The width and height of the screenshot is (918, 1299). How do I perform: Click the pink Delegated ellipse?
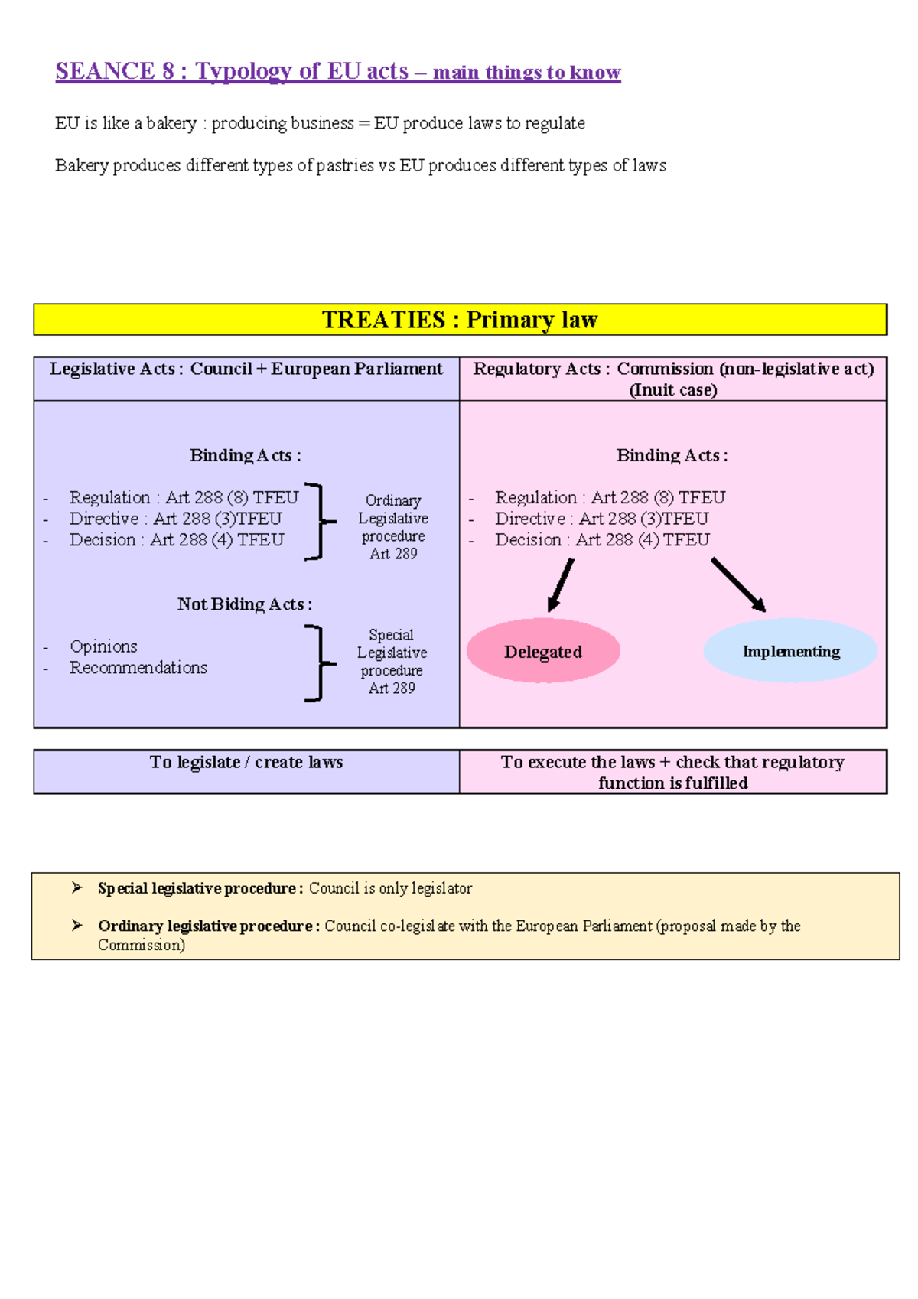click(x=543, y=651)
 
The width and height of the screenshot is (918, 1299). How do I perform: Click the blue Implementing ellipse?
click(x=790, y=651)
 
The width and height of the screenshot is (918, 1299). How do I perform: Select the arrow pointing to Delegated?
click(x=561, y=585)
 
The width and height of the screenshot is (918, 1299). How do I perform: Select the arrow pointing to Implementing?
click(x=738, y=585)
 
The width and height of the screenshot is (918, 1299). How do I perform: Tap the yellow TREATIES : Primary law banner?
click(x=460, y=320)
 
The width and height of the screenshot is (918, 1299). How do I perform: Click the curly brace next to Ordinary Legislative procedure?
click(x=319, y=522)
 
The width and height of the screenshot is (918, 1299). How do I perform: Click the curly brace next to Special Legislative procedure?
click(x=319, y=663)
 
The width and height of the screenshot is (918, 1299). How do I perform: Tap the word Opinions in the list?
click(x=103, y=646)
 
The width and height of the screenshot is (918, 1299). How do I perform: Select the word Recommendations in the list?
click(x=138, y=668)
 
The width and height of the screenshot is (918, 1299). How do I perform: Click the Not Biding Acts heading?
click(x=244, y=604)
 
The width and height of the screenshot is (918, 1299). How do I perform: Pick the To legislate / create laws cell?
click(x=246, y=763)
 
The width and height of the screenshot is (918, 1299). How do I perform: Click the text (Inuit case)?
click(x=672, y=390)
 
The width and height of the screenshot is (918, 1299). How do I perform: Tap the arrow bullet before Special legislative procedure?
click(x=77, y=887)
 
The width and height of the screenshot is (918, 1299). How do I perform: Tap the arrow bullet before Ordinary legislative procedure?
click(x=77, y=926)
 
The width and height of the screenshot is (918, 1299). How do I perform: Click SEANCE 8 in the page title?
click(x=115, y=71)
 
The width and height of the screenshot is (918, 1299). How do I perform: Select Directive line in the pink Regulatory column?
click(x=601, y=519)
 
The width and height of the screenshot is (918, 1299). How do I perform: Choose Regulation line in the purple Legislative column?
click(x=184, y=497)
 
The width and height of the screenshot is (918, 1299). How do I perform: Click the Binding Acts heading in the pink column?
click(x=672, y=456)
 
